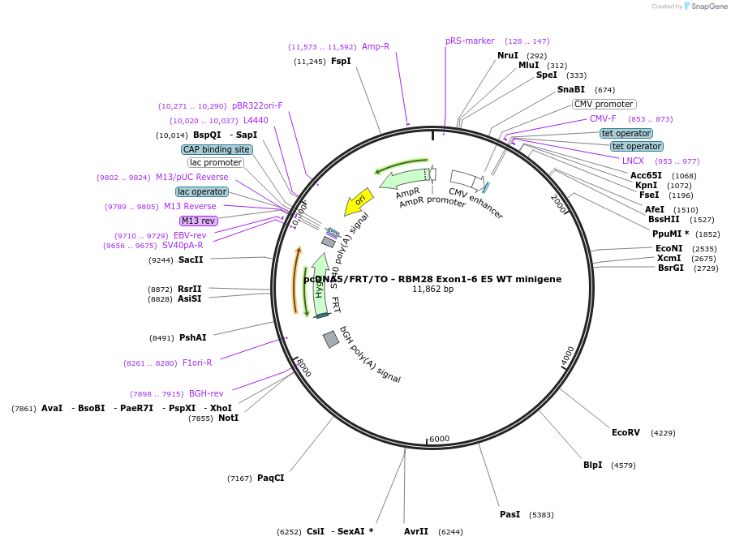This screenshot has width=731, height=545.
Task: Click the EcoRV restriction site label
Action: [626, 432]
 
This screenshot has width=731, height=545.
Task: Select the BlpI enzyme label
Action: [592, 466]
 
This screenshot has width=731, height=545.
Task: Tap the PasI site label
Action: [510, 515]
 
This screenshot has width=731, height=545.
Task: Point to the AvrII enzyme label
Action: [416, 532]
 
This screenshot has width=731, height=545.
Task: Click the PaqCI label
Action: [270, 478]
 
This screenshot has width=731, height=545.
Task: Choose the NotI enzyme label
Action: [228, 418]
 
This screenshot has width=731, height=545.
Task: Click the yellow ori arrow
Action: [357, 201]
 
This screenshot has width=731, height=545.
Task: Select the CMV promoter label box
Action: [604, 104]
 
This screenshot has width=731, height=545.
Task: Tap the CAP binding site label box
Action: [217, 149]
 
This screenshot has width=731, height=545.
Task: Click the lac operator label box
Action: [201, 191]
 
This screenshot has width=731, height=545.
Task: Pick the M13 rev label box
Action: [198, 221]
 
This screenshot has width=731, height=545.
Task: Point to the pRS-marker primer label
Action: [470, 41]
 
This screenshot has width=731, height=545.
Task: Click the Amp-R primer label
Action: [376, 46]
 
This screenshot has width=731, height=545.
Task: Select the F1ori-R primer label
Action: [197, 363]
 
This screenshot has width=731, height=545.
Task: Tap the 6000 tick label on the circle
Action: [439, 439]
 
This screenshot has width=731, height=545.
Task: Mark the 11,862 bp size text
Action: [432, 289]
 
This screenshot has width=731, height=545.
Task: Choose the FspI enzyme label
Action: [341, 61]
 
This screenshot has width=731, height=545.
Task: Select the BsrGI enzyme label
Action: [670, 268]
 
